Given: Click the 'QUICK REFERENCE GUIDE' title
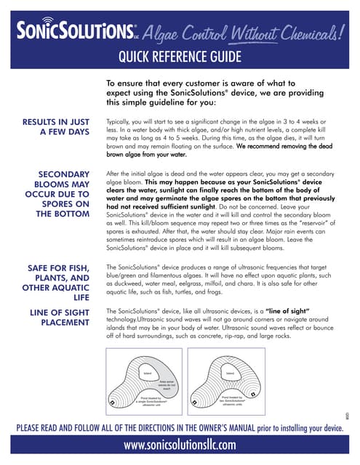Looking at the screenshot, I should [x=180, y=57].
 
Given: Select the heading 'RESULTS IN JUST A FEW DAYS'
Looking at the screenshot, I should [x=56, y=126].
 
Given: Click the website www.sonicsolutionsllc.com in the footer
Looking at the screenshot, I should [x=180, y=444].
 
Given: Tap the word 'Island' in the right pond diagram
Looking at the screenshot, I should [x=231, y=373].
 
